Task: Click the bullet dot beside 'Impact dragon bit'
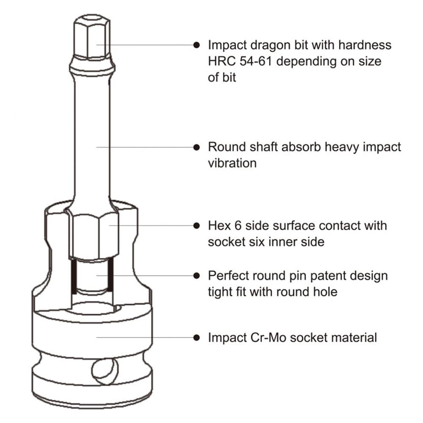coord(196,44)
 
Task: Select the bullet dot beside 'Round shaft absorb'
coord(196,147)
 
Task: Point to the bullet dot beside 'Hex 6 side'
coord(196,225)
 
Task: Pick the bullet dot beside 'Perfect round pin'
coord(196,275)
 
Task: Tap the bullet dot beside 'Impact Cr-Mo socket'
coord(196,338)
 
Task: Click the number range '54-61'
coord(258,61)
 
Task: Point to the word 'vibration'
coord(232,163)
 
